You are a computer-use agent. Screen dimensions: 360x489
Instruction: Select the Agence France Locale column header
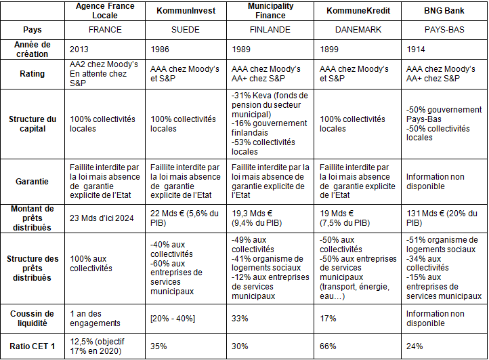click(x=106, y=11)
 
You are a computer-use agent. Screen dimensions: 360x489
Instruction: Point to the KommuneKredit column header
click(x=357, y=12)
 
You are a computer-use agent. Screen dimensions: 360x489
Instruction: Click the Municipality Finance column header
click(x=270, y=11)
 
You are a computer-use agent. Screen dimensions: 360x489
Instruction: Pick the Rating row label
click(x=33, y=74)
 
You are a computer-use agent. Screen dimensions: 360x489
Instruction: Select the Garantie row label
click(x=33, y=181)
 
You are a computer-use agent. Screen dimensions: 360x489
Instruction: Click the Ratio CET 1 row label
click(x=33, y=346)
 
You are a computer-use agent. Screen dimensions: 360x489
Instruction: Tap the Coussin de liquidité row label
click(x=33, y=319)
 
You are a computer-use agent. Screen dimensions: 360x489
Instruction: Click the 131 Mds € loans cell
click(x=442, y=218)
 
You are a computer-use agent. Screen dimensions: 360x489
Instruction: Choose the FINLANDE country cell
click(x=270, y=30)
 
